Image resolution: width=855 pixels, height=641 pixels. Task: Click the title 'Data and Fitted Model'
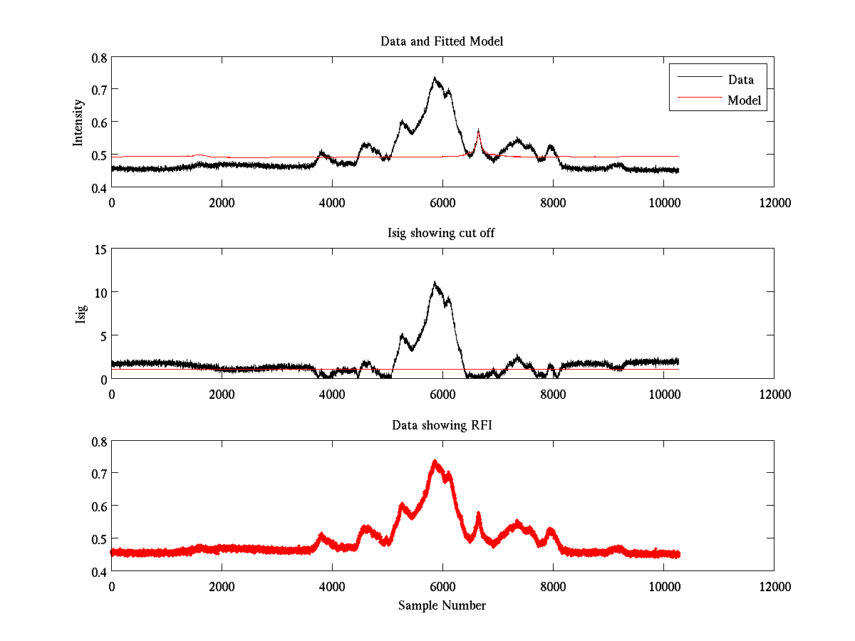(442, 41)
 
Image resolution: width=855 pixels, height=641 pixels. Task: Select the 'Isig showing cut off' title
(442, 234)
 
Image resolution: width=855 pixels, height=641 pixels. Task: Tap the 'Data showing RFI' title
(442, 425)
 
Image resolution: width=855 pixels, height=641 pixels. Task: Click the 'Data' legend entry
(740, 79)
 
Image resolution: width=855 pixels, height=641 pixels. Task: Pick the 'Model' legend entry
(745, 100)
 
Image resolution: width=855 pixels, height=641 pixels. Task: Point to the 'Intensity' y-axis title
(79, 122)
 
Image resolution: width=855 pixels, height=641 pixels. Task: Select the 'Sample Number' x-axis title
(442, 605)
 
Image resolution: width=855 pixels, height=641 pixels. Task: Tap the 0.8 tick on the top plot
(98, 57)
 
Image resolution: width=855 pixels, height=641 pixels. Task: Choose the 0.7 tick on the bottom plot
(98, 473)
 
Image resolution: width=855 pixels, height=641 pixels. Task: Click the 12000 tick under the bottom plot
(774, 587)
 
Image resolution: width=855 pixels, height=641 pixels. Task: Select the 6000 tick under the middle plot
(442, 394)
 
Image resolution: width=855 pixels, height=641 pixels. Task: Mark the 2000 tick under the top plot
(222, 202)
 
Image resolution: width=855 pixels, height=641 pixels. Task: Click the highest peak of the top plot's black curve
(434, 78)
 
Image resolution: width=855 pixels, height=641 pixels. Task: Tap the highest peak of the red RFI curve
(434, 462)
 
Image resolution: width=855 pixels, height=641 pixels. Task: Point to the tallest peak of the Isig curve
(434, 283)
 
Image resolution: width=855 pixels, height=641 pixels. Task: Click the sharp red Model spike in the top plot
(478, 130)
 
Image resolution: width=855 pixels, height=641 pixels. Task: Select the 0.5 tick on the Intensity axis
(98, 155)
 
